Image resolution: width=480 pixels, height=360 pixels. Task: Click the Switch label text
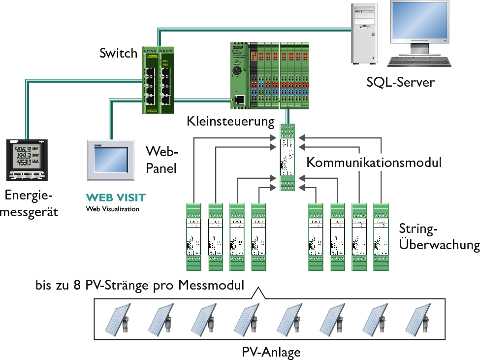[x=118, y=53]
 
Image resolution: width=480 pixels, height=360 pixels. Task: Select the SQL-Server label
[x=400, y=82]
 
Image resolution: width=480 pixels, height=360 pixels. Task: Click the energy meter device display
[x=24, y=156]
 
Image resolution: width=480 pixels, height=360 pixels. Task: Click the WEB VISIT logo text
[x=116, y=198]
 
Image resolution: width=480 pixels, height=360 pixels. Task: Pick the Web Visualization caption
[x=112, y=209]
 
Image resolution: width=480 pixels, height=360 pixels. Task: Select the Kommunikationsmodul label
[x=374, y=162]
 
